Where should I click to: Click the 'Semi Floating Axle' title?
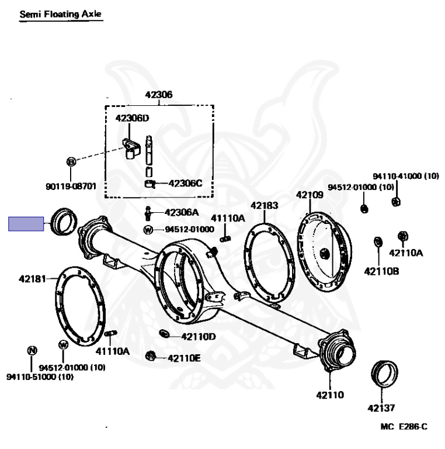coord(61,13)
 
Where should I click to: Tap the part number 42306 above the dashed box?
coord(159,95)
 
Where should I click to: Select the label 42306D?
coord(132,118)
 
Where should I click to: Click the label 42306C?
coord(185,183)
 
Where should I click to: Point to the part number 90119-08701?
coord(70,187)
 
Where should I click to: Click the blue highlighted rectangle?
coord(26,224)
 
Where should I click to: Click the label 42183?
coord(265,205)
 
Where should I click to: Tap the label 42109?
coord(309,195)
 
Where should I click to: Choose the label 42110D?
coord(199,336)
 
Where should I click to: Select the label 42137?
coord(381,408)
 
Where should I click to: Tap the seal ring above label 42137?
coord(385,374)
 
